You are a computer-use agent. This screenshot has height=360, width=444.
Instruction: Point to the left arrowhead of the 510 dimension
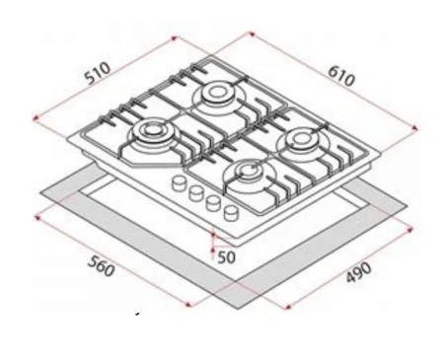[x=35, y=120]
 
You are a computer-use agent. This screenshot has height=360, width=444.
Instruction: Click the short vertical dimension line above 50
[x=214, y=238]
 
